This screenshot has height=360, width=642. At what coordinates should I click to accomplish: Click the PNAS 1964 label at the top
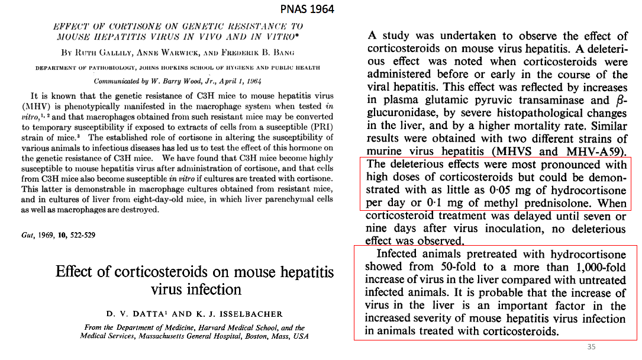pos(307,9)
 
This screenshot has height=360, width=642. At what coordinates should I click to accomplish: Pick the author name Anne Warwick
pos(173,52)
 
